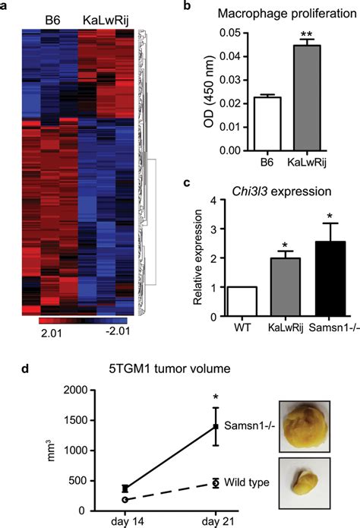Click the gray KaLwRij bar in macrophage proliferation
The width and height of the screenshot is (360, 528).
pyautogui.click(x=307, y=98)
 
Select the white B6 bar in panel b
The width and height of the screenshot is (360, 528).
pyautogui.click(x=267, y=124)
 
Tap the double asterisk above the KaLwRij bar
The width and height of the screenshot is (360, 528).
pyautogui.click(x=306, y=34)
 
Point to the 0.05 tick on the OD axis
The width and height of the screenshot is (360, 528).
pyautogui.click(x=229, y=33)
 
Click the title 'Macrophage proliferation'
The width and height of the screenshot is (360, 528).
pyautogui.click(x=287, y=14)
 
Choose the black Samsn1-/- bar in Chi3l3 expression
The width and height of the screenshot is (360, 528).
pyautogui.click(x=330, y=279)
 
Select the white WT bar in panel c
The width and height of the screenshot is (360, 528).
pyautogui.click(x=242, y=302)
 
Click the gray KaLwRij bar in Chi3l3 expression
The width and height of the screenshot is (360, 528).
pyautogui.click(x=286, y=287)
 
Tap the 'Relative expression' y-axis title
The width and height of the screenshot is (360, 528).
pyautogui.click(x=197, y=258)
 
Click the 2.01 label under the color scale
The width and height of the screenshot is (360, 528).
pyautogui.click(x=51, y=333)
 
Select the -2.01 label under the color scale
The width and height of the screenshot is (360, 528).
pyautogui.click(x=118, y=331)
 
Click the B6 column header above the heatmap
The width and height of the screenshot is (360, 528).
pyautogui.click(x=52, y=21)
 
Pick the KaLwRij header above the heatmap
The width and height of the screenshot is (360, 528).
pyautogui.click(x=106, y=21)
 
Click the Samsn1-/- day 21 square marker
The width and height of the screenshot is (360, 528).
pyautogui.click(x=216, y=426)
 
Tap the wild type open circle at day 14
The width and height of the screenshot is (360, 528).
pyautogui.click(x=125, y=500)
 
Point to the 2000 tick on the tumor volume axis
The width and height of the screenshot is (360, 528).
pyautogui.click(x=77, y=390)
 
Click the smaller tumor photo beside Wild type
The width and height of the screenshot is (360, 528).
pyautogui.click(x=305, y=482)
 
